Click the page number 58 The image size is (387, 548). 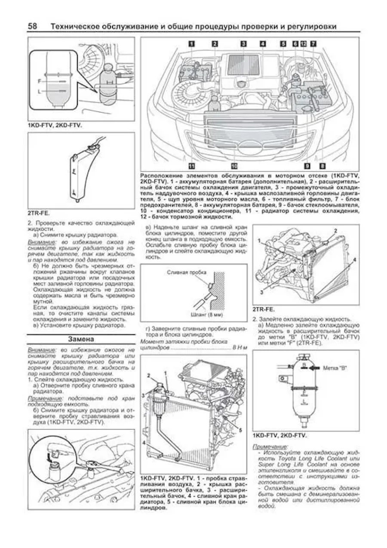[x=33, y=26]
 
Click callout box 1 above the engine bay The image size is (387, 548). [x=191, y=43]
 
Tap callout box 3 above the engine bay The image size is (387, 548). [x=243, y=43]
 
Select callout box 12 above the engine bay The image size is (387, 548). [x=303, y=43]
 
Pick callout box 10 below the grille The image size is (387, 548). [x=234, y=165]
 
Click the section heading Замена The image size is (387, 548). [x=81, y=339]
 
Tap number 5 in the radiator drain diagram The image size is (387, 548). [x=240, y=430]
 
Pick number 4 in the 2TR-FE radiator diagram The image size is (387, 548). [x=354, y=259]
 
